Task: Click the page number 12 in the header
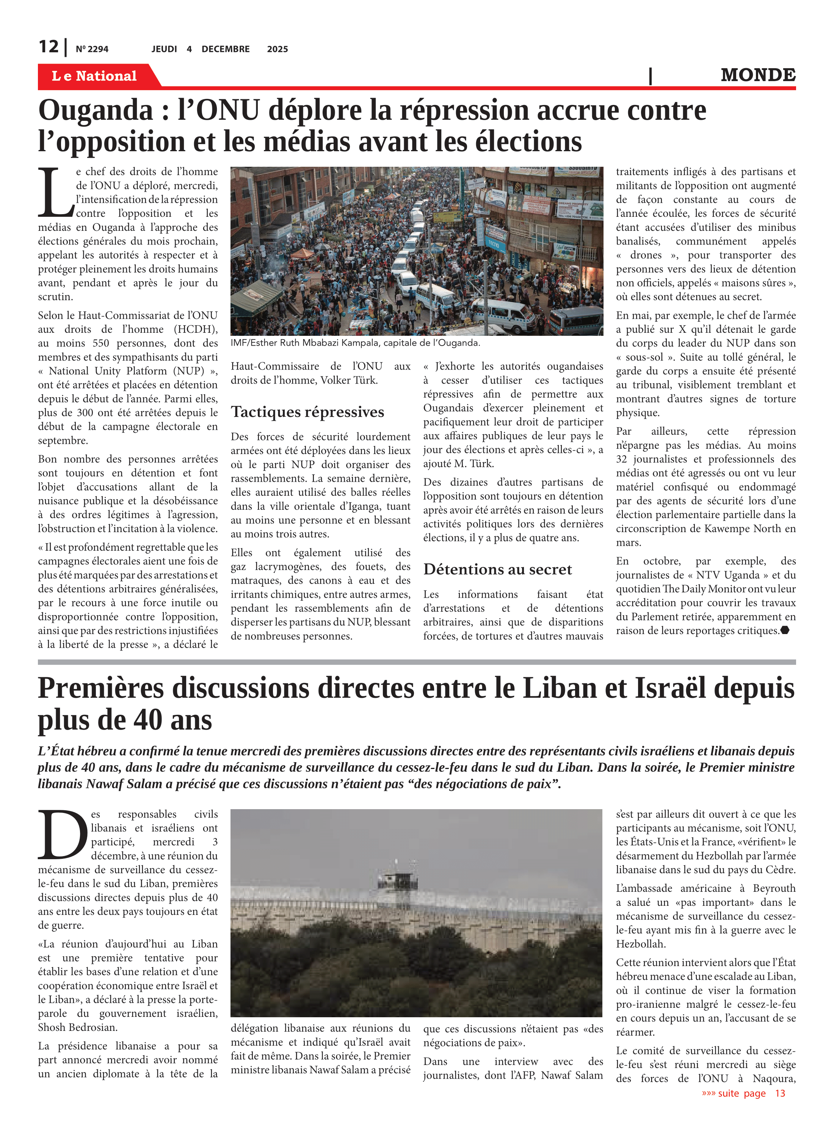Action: click(x=49, y=47)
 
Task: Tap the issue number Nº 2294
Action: click(x=92, y=49)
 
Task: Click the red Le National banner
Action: click(x=94, y=76)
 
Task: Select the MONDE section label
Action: click(x=758, y=75)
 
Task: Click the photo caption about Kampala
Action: click(x=355, y=343)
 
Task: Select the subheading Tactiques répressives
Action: click(x=307, y=412)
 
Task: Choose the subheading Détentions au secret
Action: click(x=497, y=570)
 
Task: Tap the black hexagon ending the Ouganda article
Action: click(x=784, y=630)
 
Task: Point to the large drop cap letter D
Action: click(x=63, y=835)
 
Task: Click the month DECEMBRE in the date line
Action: click(x=225, y=49)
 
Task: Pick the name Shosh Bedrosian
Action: click(x=77, y=1027)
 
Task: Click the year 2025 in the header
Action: click(x=277, y=49)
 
